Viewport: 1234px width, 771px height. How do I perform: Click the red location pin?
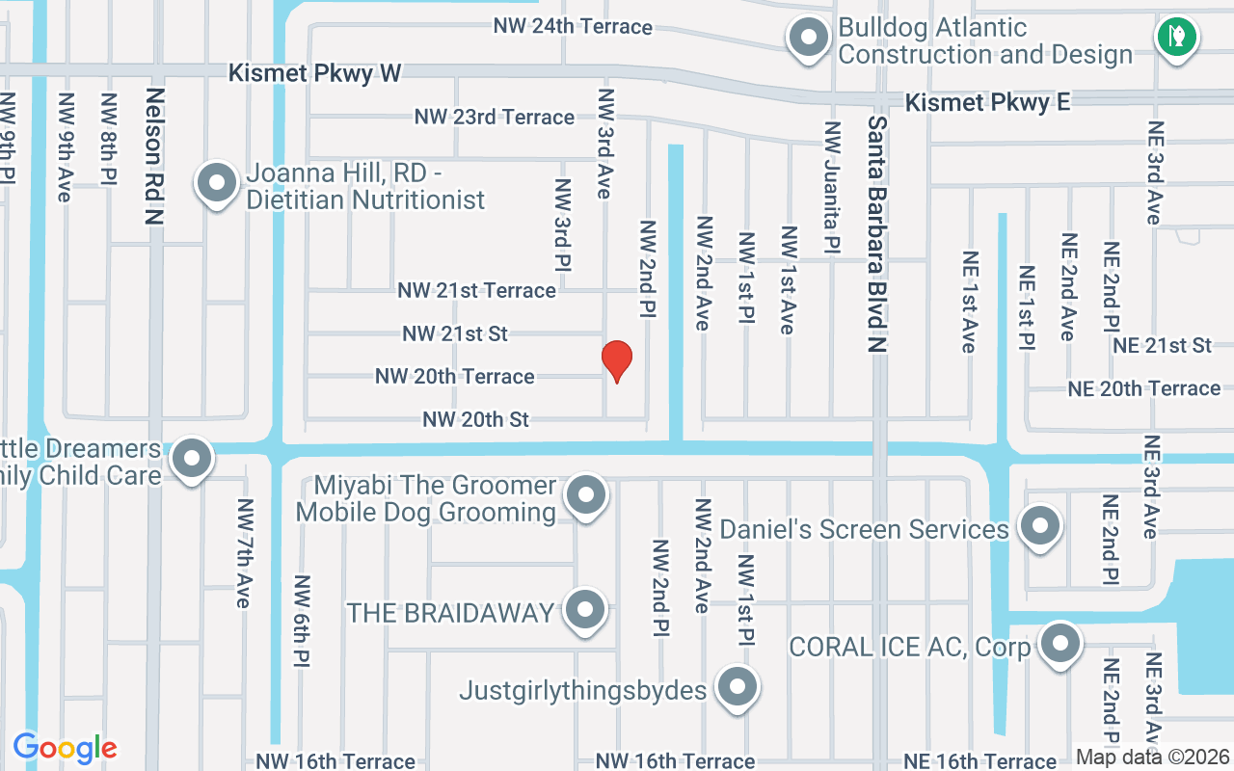pyautogui.click(x=616, y=361)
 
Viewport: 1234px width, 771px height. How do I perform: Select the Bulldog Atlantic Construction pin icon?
pyautogui.click(x=809, y=40)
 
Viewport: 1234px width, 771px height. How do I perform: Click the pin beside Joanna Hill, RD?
pyautogui.click(x=217, y=183)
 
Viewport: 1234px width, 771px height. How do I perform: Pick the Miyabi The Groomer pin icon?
pyautogui.click(x=584, y=496)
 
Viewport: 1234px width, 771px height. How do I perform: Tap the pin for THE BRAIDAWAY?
pyautogui.click(x=584, y=610)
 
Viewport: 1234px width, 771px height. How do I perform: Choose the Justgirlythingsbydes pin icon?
pyautogui.click(x=738, y=688)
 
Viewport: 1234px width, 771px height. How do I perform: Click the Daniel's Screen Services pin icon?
pyautogui.click(x=1039, y=526)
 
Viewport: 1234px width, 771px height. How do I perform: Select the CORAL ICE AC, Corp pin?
pyautogui.click(x=1060, y=643)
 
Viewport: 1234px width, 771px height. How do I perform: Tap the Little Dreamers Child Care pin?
pyautogui.click(x=191, y=460)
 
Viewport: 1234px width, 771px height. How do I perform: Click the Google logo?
pyautogui.click(x=65, y=748)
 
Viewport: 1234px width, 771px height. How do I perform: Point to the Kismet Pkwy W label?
pyautogui.click(x=314, y=73)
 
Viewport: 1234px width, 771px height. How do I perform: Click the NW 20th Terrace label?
pyautogui.click(x=454, y=376)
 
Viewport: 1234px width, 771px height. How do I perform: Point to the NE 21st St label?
pyautogui.click(x=1162, y=345)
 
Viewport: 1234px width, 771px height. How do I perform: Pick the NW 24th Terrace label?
pyautogui.click(x=573, y=26)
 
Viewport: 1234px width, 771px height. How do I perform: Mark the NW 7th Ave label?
pyautogui.click(x=244, y=553)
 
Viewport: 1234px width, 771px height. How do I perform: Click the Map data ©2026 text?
pyautogui.click(x=1152, y=758)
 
